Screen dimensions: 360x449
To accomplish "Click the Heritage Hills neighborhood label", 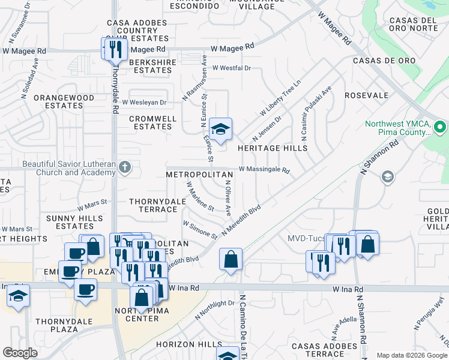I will (272, 148).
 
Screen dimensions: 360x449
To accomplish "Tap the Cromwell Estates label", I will (152, 122).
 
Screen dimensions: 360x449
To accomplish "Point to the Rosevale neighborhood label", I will (366, 95).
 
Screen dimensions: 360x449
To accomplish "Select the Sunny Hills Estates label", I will (75, 222).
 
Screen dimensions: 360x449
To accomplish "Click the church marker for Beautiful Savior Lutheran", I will (125, 166).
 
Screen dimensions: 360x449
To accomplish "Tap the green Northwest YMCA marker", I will (439, 127).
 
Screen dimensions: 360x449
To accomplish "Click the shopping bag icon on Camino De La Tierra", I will (231, 260).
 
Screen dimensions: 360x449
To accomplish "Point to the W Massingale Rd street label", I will (264, 170).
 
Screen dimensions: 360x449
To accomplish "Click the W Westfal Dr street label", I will (231, 68).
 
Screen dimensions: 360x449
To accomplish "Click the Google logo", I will (20, 353).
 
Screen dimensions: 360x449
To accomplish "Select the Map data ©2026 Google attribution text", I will (411, 355).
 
